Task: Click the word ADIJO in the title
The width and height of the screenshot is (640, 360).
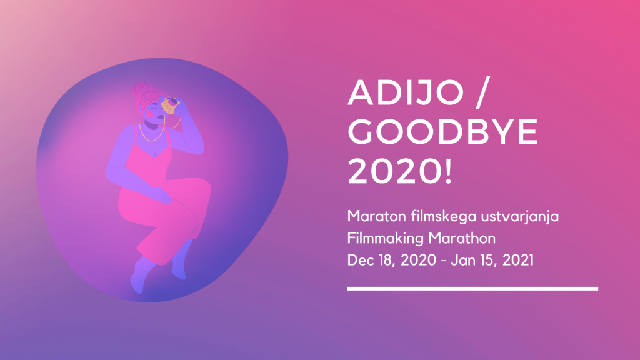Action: coord(406,92)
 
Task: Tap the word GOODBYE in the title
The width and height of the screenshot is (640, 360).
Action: coord(443,132)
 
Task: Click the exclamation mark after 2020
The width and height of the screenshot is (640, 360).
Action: coord(449,171)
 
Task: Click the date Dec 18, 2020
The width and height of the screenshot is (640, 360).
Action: coord(391,261)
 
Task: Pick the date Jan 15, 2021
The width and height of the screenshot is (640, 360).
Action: coord(492,261)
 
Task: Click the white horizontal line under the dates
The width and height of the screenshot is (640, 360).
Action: coord(472,289)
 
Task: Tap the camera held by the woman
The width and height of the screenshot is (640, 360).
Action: coord(171,105)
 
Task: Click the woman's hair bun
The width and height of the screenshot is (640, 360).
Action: coord(141,89)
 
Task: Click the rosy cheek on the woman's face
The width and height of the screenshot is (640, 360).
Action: coord(150,115)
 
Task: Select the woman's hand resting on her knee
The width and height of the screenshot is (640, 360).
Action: coord(162,196)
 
